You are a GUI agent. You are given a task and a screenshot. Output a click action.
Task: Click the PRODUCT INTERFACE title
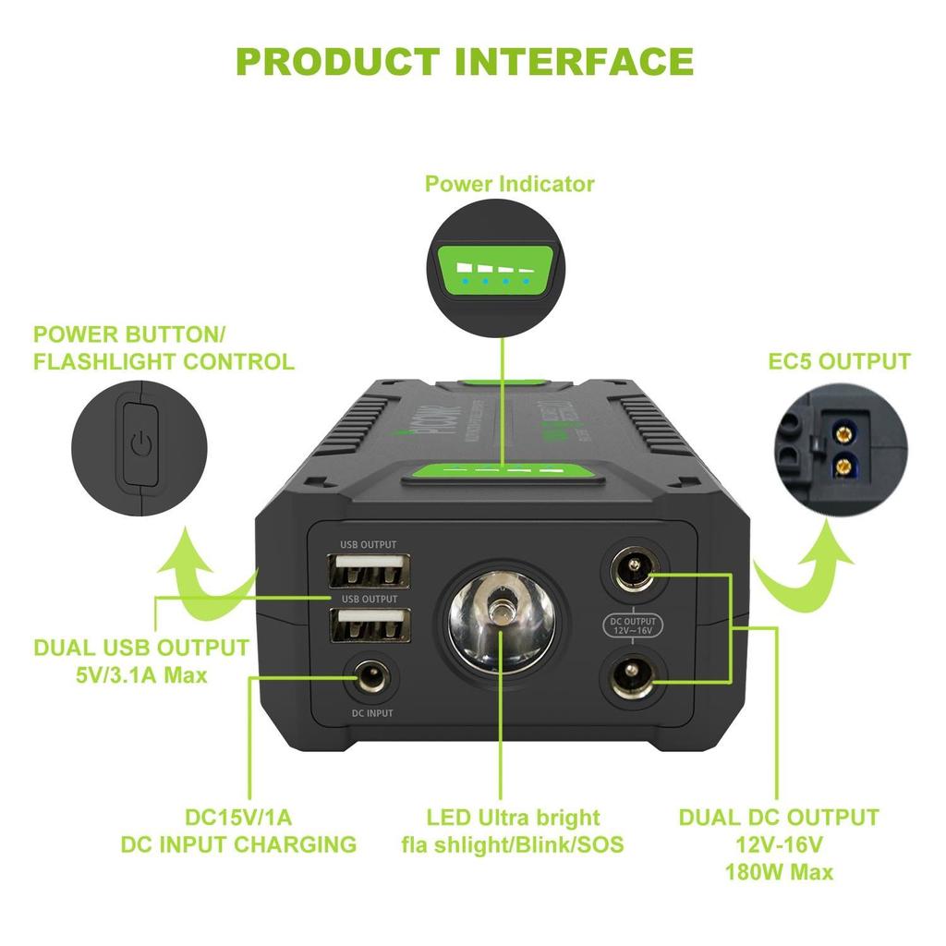point(466,62)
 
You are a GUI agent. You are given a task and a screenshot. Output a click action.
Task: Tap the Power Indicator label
point(509,184)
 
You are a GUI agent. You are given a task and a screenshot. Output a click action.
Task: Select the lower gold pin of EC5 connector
point(843,466)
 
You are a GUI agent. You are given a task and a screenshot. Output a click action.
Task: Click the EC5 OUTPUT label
point(839,361)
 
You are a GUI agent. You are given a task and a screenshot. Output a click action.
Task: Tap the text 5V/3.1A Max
point(141,675)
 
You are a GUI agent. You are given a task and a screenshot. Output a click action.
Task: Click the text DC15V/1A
point(238,818)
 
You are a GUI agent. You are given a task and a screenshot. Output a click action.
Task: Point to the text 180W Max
point(779,872)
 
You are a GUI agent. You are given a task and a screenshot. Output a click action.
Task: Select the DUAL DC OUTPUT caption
point(779,818)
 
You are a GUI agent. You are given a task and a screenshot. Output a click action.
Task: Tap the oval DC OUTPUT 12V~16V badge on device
point(634,626)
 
